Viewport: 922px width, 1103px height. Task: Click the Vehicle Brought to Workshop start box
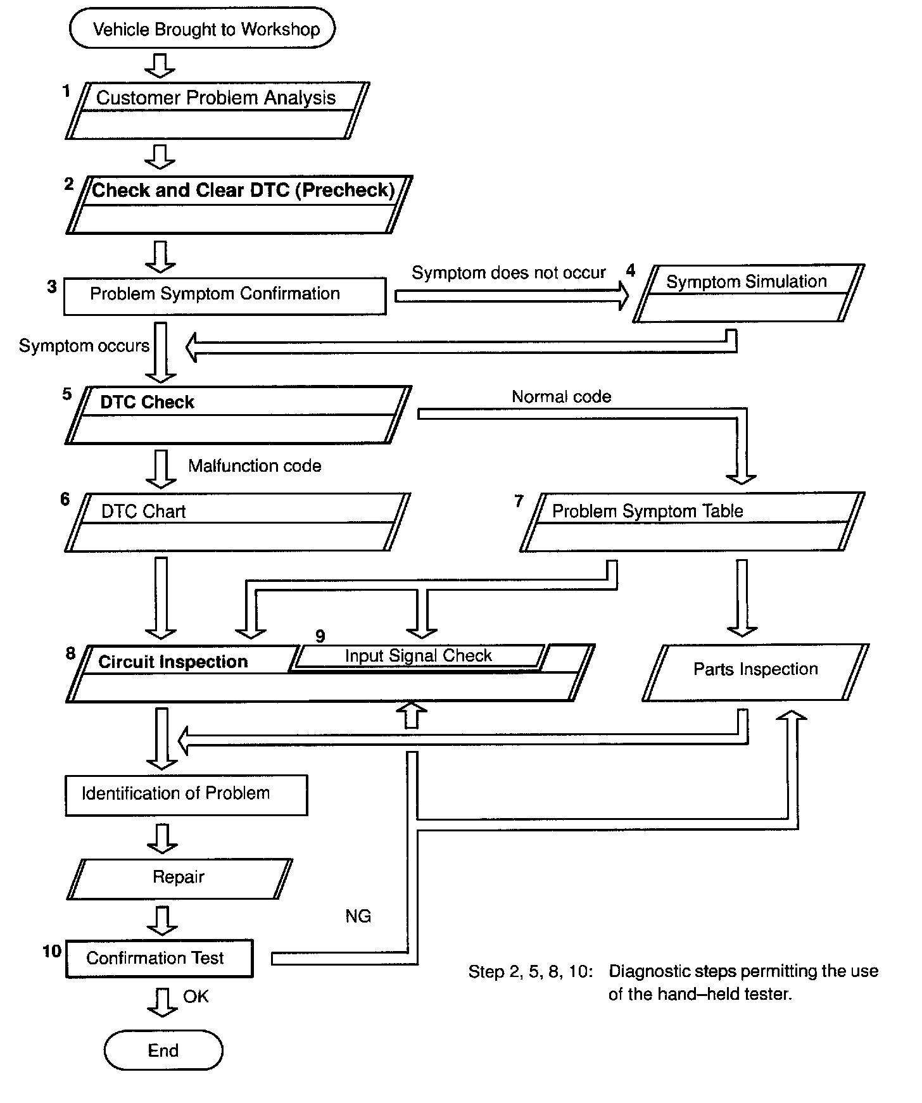(202, 29)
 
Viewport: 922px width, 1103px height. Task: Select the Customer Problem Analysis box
(217, 110)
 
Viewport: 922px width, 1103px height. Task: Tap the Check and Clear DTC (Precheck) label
(243, 190)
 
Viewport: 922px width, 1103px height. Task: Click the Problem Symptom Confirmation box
(225, 295)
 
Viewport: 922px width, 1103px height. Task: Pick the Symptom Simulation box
(748, 293)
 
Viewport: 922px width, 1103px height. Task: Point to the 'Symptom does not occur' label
(508, 273)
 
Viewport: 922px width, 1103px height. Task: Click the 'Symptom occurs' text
(84, 346)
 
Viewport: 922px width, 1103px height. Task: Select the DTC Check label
(147, 402)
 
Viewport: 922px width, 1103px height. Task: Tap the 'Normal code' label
(561, 397)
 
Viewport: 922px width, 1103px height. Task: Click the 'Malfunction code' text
(255, 466)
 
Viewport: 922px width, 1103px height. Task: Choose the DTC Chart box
(237, 522)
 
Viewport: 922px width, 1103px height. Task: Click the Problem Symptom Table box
(692, 522)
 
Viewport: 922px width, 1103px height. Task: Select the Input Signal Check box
(418, 656)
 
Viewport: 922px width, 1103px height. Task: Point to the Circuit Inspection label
(173, 662)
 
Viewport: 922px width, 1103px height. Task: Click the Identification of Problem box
(186, 795)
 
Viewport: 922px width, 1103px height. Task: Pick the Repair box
(179, 878)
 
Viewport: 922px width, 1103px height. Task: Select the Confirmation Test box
(159, 958)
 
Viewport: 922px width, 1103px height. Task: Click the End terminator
(163, 1050)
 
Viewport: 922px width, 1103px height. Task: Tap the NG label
(358, 916)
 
